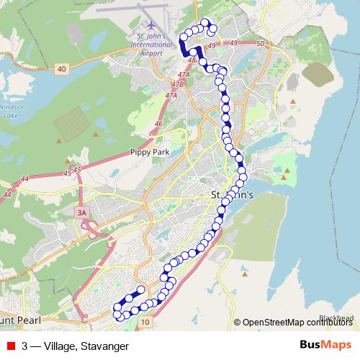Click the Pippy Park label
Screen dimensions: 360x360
pos(148,152)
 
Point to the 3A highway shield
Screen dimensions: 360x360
pos(81,212)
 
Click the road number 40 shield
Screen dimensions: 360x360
pos(62,68)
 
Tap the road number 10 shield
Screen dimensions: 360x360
pos(146,322)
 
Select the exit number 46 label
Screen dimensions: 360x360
pos(158,124)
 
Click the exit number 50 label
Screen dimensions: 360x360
pos(260,45)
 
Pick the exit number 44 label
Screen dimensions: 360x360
pos(25,178)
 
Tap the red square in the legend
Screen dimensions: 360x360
pos(11,346)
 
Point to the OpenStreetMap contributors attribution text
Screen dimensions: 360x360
pos(297,322)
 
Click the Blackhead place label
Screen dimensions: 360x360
pos(336,317)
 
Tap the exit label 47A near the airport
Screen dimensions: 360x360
pos(183,75)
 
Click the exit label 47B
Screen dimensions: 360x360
pos(177,84)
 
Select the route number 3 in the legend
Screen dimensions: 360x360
pos(25,346)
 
